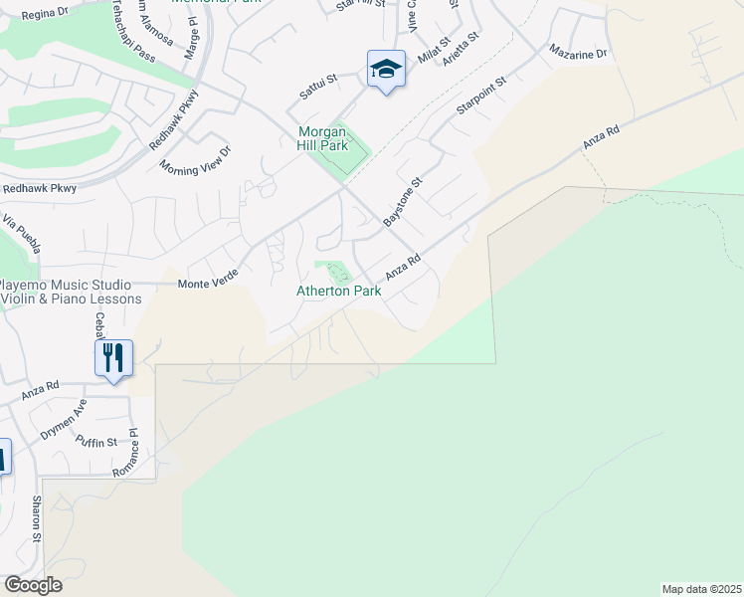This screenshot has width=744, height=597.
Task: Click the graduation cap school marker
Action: tap(386, 70)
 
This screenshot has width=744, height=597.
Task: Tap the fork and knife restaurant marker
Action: tap(113, 357)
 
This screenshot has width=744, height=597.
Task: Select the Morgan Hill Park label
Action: tap(324, 138)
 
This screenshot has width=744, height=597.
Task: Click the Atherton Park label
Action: tap(338, 292)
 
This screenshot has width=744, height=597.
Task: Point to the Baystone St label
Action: tap(403, 202)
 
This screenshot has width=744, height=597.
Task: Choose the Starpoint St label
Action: tap(481, 93)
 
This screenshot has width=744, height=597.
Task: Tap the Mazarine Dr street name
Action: tap(577, 51)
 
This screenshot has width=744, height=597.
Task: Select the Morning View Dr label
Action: tap(194, 159)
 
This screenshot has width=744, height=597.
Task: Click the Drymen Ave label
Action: tap(64, 421)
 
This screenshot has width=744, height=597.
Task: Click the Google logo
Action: tap(33, 585)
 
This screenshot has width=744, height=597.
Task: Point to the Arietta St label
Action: tap(462, 48)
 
